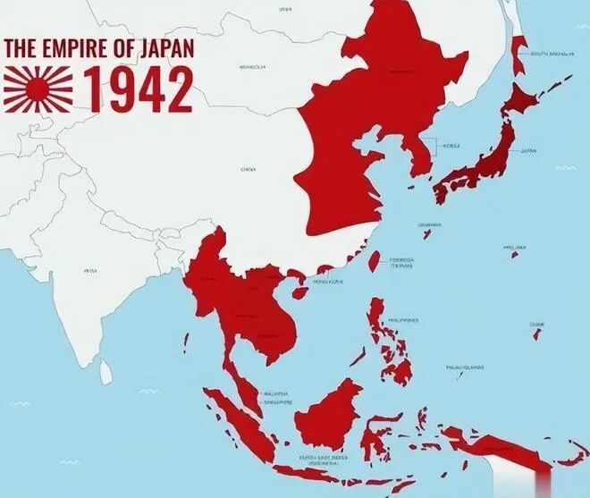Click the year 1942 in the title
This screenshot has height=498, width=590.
(x=139, y=87)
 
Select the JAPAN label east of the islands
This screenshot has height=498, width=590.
(x=531, y=151)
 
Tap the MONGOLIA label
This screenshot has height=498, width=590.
(x=253, y=66)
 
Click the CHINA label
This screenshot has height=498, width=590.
(x=249, y=168)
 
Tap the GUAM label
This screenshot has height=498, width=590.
(x=536, y=325)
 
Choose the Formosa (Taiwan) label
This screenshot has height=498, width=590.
(x=400, y=262)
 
